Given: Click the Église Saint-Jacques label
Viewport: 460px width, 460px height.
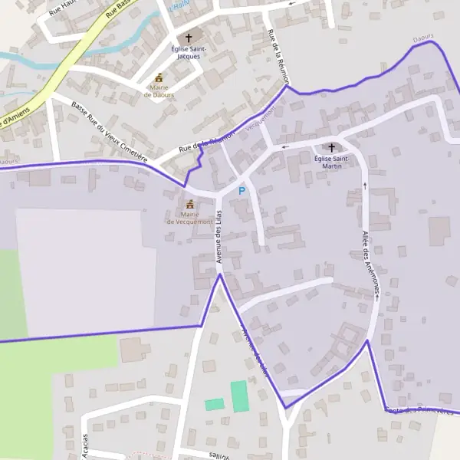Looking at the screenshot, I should [x=189, y=52].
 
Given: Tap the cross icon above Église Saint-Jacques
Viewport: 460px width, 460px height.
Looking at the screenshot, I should [x=189, y=37].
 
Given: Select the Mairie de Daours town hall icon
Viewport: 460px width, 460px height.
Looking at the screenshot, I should [x=159, y=77].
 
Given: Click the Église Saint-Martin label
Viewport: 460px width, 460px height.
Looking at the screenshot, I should [x=332, y=162].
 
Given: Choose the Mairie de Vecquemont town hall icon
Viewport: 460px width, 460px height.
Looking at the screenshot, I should [x=189, y=204].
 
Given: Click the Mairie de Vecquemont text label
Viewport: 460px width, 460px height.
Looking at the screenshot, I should [x=189, y=218].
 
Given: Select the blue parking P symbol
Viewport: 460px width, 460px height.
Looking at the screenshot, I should [x=242, y=190].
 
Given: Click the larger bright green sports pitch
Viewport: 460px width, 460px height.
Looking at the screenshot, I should [x=241, y=396].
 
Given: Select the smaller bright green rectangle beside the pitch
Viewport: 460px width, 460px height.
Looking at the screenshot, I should [x=215, y=404].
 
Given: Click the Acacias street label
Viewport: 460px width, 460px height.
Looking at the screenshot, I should [x=85, y=445].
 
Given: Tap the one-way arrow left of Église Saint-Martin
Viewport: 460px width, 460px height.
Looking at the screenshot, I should [x=285, y=146].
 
